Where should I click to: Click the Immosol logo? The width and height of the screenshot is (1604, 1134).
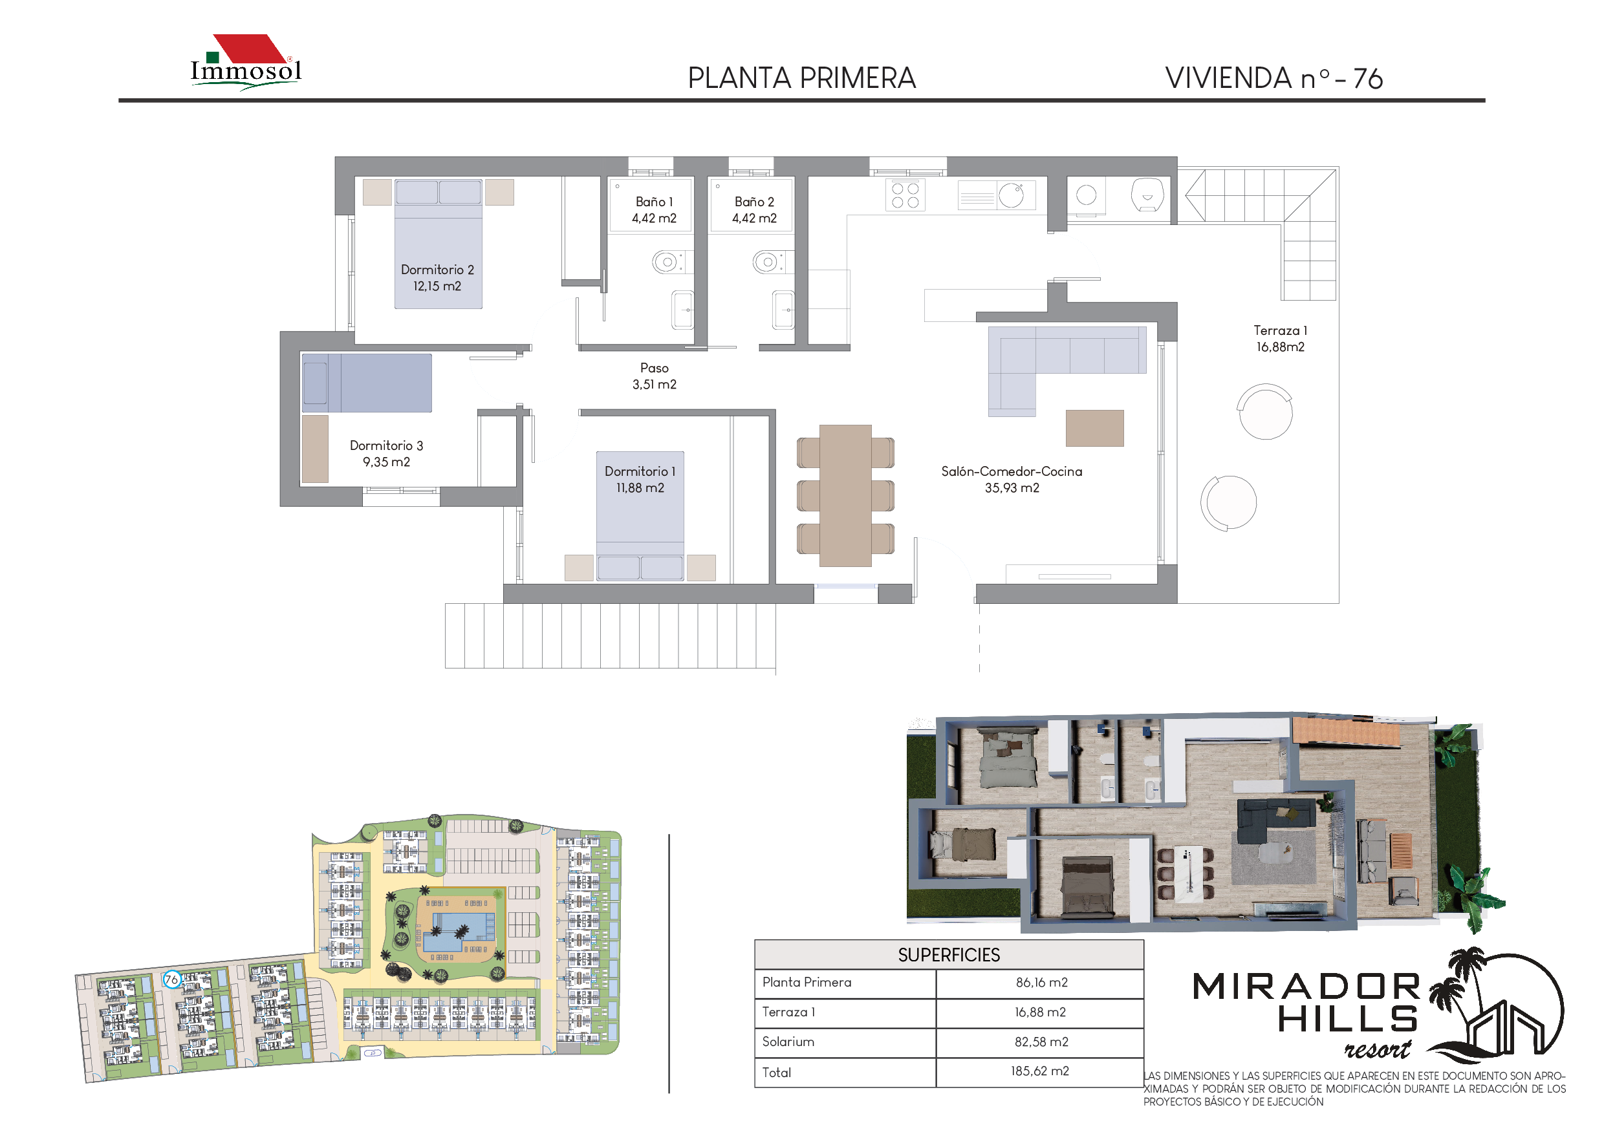246,62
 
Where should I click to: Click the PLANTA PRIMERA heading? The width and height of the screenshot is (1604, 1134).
801,78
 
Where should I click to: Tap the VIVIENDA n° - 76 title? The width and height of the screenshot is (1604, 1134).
1273,78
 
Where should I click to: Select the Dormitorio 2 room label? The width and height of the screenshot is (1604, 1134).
437,278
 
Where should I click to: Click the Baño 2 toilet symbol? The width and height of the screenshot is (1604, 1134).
768,262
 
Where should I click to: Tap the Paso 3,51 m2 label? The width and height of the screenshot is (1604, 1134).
654,376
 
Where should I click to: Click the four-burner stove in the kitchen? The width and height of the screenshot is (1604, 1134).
905,195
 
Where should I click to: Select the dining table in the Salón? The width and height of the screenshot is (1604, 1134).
845,496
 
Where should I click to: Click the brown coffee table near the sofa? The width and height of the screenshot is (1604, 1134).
1095,428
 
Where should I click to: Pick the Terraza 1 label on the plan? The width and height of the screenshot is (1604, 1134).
1280,339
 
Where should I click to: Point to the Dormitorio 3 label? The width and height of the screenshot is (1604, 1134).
386,454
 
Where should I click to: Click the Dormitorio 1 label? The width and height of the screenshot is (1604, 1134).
640,480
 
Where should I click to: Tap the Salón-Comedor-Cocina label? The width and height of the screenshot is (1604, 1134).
1012,480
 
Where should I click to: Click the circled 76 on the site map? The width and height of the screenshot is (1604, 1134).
171,979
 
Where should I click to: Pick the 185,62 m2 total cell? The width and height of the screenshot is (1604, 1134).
1039,1071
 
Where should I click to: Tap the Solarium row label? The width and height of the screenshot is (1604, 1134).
787,1042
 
